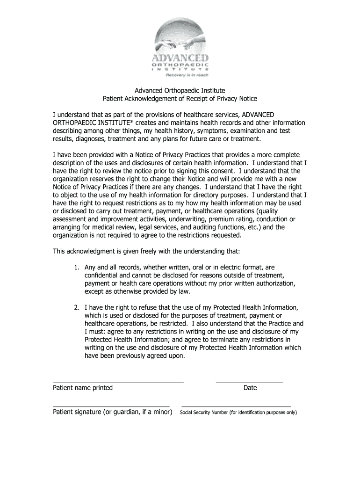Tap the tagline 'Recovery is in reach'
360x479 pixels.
coord(185,74)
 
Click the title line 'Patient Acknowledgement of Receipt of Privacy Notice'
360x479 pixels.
coord(180,99)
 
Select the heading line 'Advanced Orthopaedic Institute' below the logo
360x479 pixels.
coord(180,90)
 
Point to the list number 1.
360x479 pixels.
coord(76,268)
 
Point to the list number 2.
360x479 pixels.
coord(76,307)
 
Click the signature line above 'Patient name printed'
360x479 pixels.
coord(118,382)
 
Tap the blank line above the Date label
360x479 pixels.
coord(249,382)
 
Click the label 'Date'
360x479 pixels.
coord(250,388)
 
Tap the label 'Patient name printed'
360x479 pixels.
coord(83,388)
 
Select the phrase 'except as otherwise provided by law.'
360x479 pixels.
coord(137,291)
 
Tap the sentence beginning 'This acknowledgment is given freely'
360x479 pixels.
coord(146,251)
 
